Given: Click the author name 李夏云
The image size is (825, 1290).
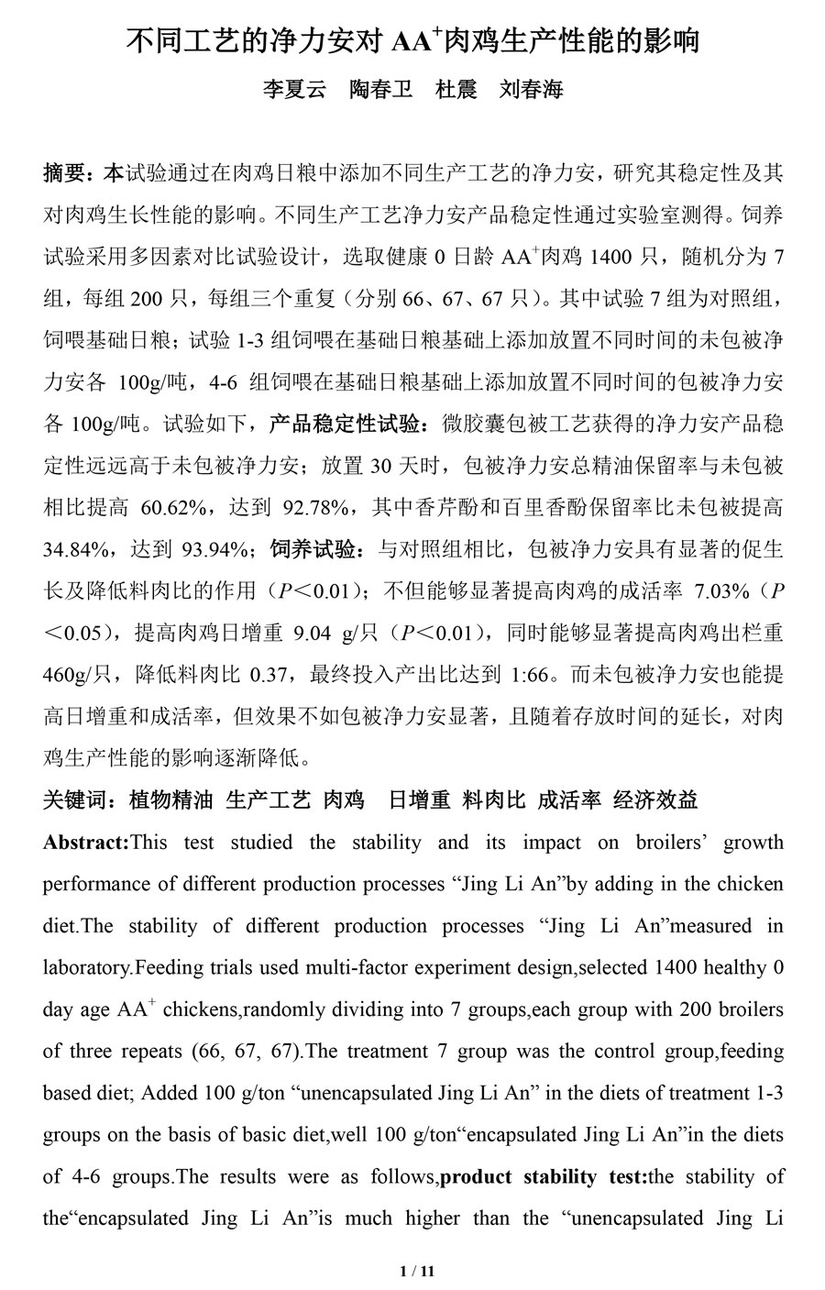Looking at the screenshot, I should pyautogui.click(x=294, y=90).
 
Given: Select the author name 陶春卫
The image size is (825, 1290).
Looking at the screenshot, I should pyautogui.click(x=381, y=90).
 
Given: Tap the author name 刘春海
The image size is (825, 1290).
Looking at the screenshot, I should pyautogui.click(x=531, y=90).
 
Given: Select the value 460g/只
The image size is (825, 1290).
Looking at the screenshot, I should pyautogui.click(x=76, y=676).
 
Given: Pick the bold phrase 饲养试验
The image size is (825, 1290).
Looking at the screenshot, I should pyautogui.click(x=313, y=550).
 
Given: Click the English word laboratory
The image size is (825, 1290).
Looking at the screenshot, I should pyautogui.click(x=88, y=968).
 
